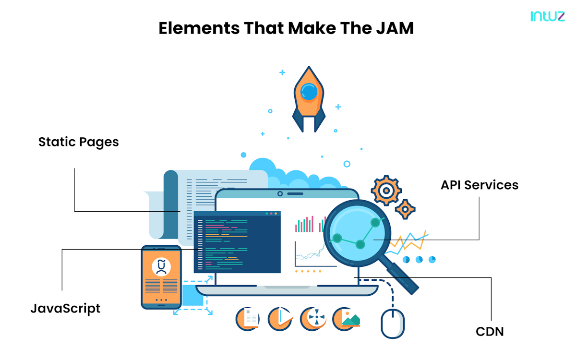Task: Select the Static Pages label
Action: (79, 142)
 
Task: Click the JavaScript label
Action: (65, 308)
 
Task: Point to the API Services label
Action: (480, 185)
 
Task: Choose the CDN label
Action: (490, 331)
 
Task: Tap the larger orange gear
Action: (386, 191)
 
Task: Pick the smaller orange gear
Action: (406, 209)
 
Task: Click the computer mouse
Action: (393, 323)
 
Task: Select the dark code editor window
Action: (237, 242)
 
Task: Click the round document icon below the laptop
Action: (248, 319)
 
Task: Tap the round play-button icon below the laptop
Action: (280, 319)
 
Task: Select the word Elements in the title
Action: (199, 29)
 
